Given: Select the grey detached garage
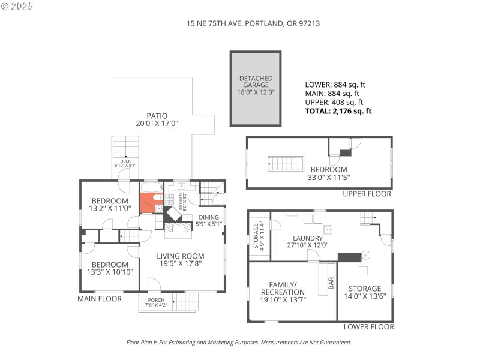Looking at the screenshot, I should pyautogui.click(x=256, y=88).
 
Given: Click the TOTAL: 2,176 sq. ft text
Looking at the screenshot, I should pyautogui.click(x=338, y=111).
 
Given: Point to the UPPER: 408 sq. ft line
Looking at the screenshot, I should pyautogui.click(x=332, y=102).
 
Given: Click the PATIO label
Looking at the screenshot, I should pyautogui.click(x=157, y=119).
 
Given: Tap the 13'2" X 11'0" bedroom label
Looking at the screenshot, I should pyautogui.click(x=110, y=205).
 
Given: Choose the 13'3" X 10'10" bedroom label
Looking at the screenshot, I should pyautogui.click(x=110, y=268).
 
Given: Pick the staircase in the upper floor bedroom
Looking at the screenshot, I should pyautogui.click(x=286, y=163).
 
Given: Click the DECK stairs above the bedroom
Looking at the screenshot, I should pyautogui.click(x=126, y=147).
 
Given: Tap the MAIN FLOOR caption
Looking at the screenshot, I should pyautogui.click(x=100, y=298).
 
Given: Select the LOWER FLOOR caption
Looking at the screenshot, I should pyautogui.click(x=368, y=327).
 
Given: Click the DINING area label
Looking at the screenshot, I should pyautogui.click(x=209, y=221).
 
